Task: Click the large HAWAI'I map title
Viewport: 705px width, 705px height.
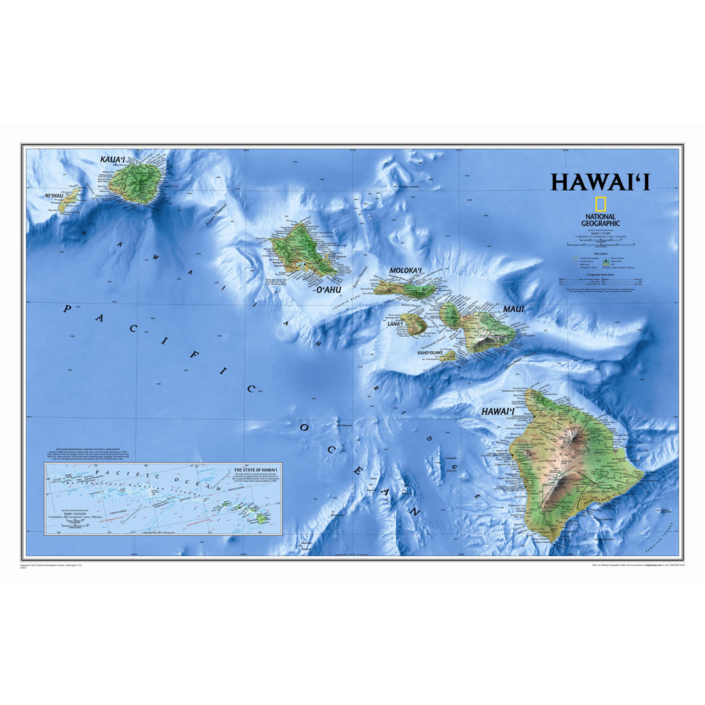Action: (600, 183)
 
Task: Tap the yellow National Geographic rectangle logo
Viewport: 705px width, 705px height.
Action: (599, 203)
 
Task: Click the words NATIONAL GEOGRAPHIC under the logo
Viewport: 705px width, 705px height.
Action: (599, 219)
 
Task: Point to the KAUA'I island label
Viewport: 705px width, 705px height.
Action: (115, 159)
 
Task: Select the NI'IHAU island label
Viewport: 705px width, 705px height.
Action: (54, 196)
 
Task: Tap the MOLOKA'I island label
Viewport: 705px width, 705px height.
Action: (406, 270)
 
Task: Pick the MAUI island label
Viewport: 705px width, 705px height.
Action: (513, 309)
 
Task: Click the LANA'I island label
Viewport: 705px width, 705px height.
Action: (395, 324)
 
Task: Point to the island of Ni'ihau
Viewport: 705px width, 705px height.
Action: (69, 201)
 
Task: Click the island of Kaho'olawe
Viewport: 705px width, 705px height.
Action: (448, 356)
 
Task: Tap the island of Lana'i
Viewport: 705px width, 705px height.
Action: (413, 324)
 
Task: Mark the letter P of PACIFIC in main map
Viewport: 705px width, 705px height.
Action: (67, 308)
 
